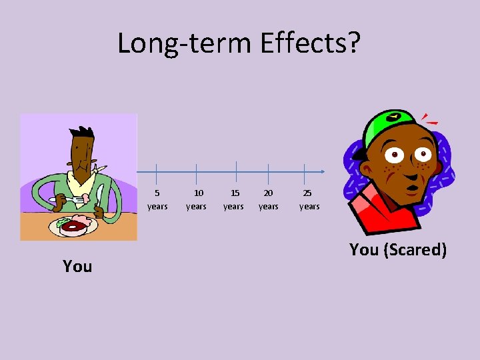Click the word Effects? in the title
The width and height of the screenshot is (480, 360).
pos(311,43)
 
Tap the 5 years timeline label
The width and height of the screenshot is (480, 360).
pos(157,199)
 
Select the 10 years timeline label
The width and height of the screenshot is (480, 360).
pos(196,199)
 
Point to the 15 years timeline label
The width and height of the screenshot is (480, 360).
pos(233,199)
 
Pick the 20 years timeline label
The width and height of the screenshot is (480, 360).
pos(268,199)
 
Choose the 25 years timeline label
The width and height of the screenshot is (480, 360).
pos(309,199)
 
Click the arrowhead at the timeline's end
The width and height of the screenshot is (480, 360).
pos(322,172)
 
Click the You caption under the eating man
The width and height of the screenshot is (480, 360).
pos(77,266)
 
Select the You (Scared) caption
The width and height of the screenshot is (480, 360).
pos(398,250)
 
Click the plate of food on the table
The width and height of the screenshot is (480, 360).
pos(73,225)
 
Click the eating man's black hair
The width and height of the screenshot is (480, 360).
pos(83,137)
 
